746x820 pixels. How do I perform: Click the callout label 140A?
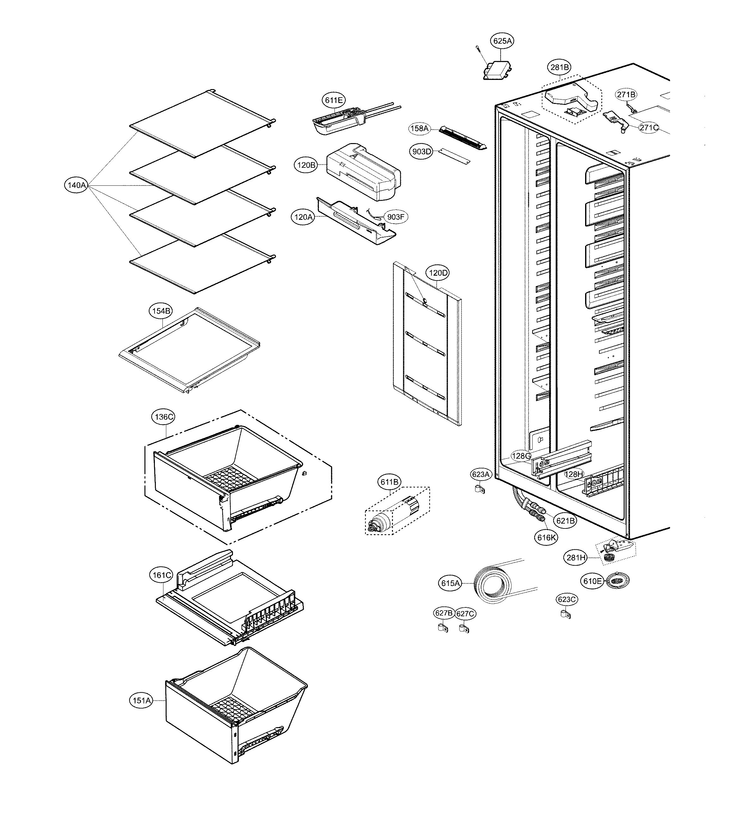pyautogui.click(x=76, y=185)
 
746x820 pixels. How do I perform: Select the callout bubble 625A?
pyautogui.click(x=502, y=41)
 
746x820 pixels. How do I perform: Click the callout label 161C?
pyautogui.click(x=161, y=575)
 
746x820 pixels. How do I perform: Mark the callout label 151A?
pyautogui.click(x=142, y=700)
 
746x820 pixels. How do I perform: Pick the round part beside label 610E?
pyautogui.click(x=617, y=581)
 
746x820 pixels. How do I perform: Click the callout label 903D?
pyautogui.click(x=421, y=152)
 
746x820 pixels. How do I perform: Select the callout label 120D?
pyautogui.click(x=437, y=273)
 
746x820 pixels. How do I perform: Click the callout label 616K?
pyautogui.click(x=546, y=537)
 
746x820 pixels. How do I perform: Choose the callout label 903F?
pyautogui.click(x=395, y=217)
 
